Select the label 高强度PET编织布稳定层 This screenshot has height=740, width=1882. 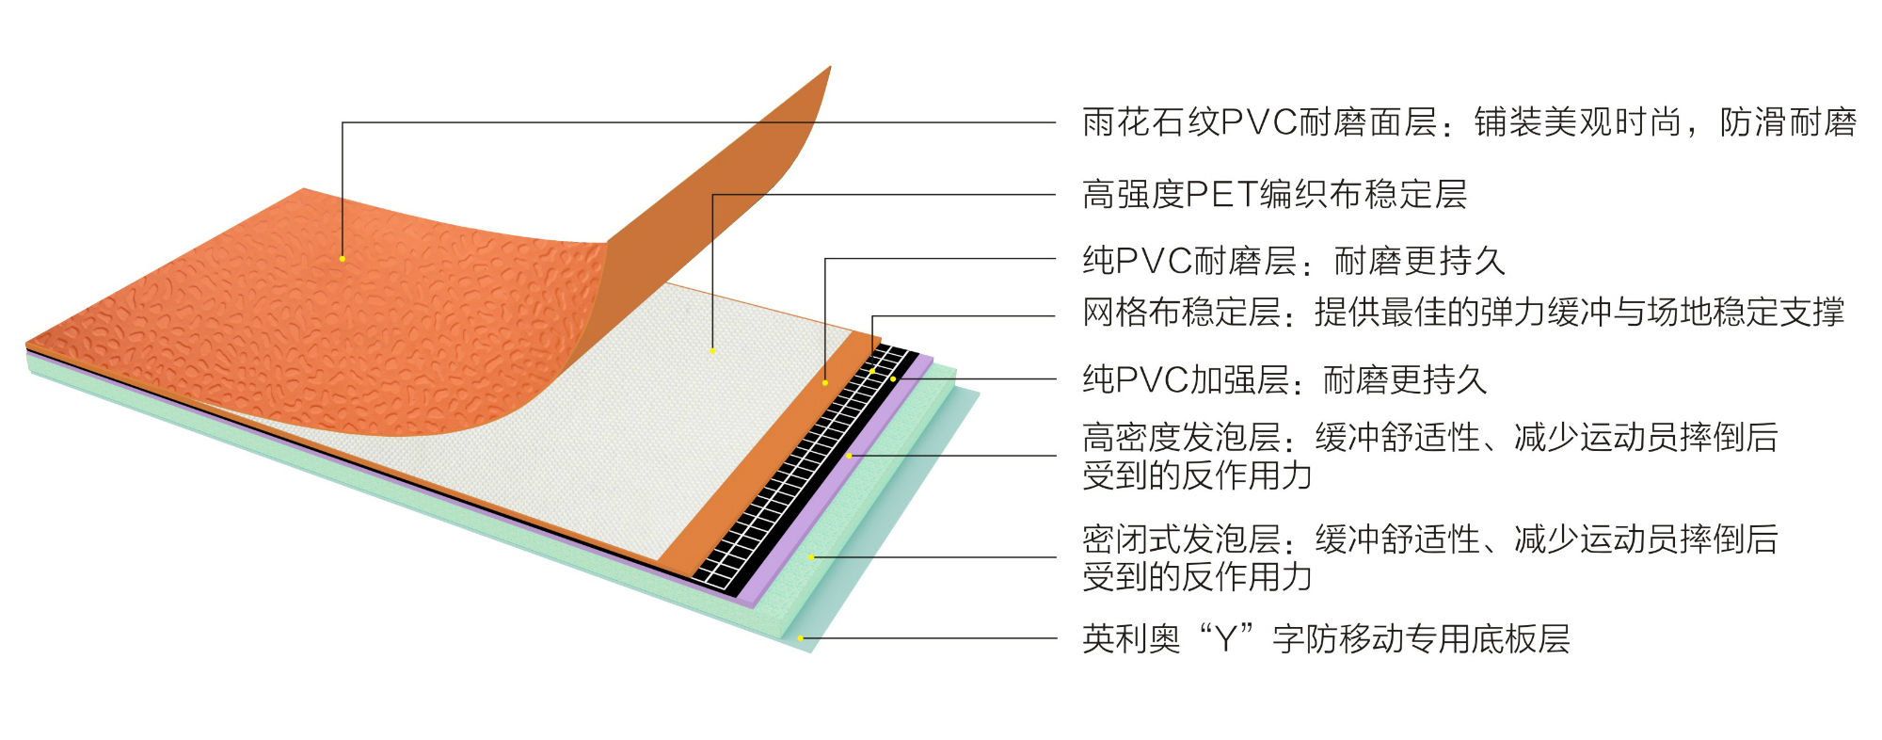pos(1274,195)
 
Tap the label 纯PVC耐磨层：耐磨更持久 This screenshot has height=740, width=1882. pos(1294,261)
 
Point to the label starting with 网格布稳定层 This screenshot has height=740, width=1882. pos(1463,312)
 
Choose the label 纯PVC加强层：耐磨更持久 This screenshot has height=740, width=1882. pos(1284,379)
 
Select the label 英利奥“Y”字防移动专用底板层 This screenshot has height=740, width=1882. pos(1326,639)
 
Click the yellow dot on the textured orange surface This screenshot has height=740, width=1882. pos(343,258)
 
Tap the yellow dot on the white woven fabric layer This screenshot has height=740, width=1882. pos(712,351)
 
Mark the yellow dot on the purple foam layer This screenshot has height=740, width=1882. pos(849,456)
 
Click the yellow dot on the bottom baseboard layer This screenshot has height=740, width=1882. pos(801,638)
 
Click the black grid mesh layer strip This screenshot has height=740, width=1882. pos(800,471)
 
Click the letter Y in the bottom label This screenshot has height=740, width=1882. pos(1226,639)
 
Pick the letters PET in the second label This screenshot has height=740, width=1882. pos(1221,195)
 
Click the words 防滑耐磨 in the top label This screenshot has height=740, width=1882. pos(1788,122)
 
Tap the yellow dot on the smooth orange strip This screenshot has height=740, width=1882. pos(825,382)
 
